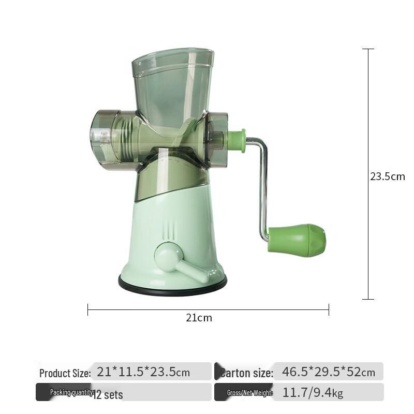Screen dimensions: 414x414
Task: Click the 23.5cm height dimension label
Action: click(x=387, y=176)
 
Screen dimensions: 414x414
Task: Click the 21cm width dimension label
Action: click(x=199, y=318)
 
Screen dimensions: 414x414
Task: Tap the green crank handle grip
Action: click(x=297, y=240)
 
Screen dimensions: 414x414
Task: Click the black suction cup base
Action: click(x=172, y=285)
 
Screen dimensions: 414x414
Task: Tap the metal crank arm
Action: click(x=262, y=186)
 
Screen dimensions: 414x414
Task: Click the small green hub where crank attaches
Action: click(x=236, y=141)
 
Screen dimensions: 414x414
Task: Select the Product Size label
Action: click(x=65, y=373)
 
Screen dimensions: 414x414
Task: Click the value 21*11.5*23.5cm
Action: click(x=143, y=372)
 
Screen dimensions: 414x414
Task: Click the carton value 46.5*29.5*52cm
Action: click(x=328, y=372)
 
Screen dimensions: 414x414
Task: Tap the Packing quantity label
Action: click(x=71, y=393)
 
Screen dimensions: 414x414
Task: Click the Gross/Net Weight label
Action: click(x=250, y=393)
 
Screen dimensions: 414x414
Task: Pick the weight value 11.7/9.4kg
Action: click(x=313, y=392)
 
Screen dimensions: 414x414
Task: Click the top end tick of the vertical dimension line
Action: click(x=368, y=49)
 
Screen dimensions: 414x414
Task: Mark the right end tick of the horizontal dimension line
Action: click(x=329, y=310)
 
